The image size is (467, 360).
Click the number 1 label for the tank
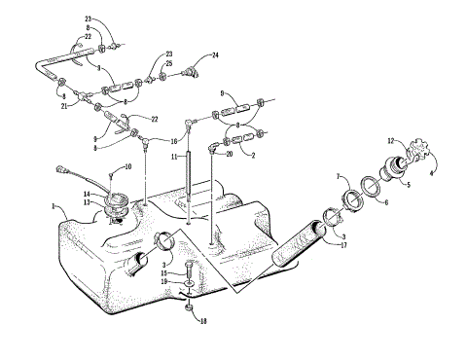click(55, 206)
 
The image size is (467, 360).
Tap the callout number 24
click(215, 55)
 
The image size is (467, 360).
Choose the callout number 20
click(228, 154)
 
